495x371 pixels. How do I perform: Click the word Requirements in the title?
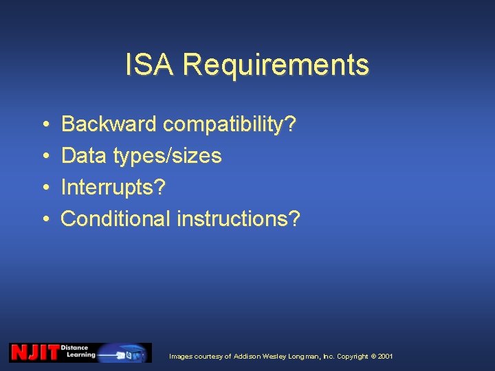click(x=276, y=66)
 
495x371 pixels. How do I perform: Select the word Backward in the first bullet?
click(x=109, y=124)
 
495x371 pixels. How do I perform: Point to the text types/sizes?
click(x=167, y=157)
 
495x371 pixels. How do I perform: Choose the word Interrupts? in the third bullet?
click(x=113, y=187)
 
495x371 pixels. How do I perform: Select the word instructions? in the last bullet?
click(x=239, y=218)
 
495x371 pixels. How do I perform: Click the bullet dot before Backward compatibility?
click(x=44, y=125)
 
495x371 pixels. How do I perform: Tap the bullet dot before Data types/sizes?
click(x=44, y=157)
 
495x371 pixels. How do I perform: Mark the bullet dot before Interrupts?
click(x=44, y=188)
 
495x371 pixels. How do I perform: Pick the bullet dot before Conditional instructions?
click(x=44, y=219)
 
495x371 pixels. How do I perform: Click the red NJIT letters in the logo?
click(x=34, y=352)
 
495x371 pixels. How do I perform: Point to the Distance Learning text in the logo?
click(x=78, y=352)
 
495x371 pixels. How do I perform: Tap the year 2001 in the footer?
click(x=385, y=357)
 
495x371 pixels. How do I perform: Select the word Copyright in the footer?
click(x=353, y=357)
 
